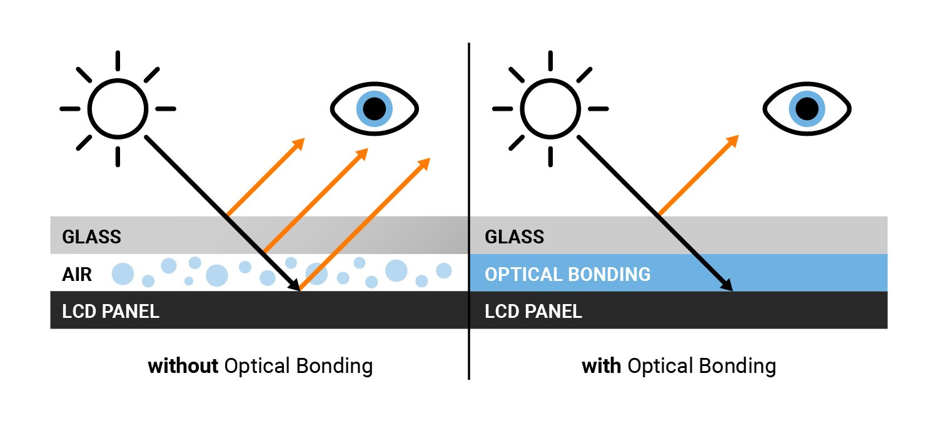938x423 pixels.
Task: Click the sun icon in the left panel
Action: point(118,109)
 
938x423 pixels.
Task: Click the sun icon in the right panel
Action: point(550,109)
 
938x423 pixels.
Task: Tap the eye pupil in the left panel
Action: point(374,109)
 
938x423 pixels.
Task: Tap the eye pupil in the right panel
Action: point(807,109)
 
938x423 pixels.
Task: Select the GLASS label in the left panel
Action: point(91,237)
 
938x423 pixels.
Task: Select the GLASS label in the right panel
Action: point(514,237)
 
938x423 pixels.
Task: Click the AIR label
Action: point(77,274)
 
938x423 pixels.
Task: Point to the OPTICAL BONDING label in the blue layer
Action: point(567,274)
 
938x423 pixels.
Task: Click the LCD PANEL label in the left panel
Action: point(111,311)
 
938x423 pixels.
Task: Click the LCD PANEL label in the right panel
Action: point(533,311)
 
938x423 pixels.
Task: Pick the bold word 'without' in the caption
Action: point(183,365)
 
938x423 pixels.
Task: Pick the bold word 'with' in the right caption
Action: point(601,365)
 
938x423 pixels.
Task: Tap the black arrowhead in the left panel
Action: point(293,284)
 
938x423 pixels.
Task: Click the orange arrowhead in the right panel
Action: point(732,141)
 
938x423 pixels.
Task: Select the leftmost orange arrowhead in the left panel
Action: point(298,144)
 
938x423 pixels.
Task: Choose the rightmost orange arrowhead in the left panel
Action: point(424,164)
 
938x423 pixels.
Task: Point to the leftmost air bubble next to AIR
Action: point(123,273)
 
